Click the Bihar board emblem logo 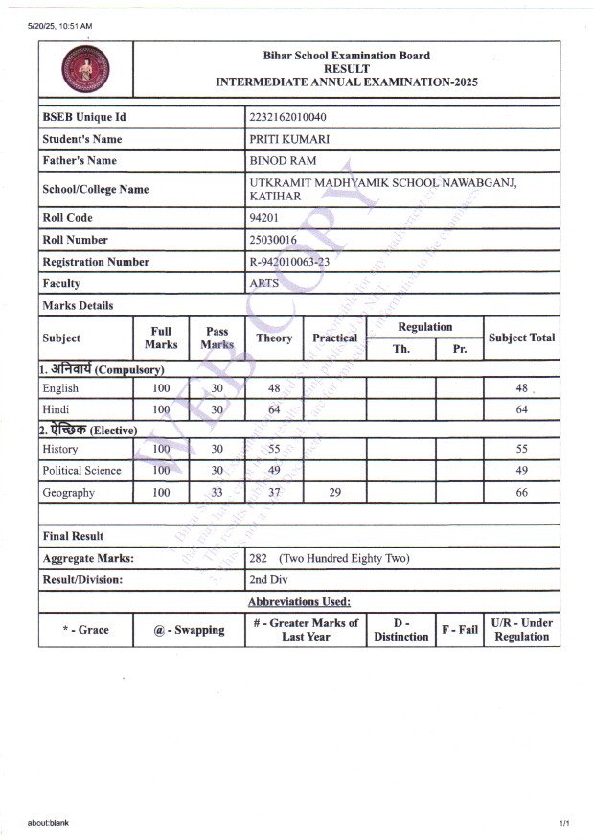(x=86, y=68)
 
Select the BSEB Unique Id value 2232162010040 (x=292, y=117)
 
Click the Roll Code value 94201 (x=263, y=218)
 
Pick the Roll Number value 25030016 (x=273, y=240)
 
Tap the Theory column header (x=274, y=338)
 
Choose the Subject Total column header (x=521, y=338)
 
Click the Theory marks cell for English (x=274, y=388)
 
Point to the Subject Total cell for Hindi (x=521, y=410)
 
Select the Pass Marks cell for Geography (x=217, y=493)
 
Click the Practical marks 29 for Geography (x=334, y=493)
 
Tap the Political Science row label (x=81, y=471)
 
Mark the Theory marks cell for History (x=274, y=449)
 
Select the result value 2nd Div (x=269, y=580)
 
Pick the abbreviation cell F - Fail (x=459, y=630)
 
